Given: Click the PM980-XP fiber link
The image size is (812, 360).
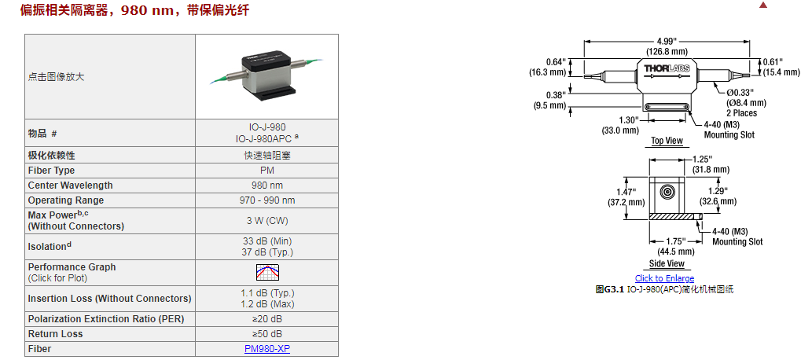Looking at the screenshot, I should pyautogui.click(x=266, y=348).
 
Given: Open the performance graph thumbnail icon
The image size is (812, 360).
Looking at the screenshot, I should pyautogui.click(x=267, y=273).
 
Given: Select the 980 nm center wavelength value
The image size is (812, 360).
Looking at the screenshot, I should pyautogui.click(x=267, y=186).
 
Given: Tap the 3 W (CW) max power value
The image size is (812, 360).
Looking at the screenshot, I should pyautogui.click(x=267, y=221).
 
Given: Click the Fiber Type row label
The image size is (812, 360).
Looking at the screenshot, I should pyautogui.click(x=52, y=171).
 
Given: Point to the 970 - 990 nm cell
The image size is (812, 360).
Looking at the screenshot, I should pyautogui.click(x=267, y=200).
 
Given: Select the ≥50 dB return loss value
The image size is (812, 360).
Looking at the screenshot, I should pyautogui.click(x=267, y=334).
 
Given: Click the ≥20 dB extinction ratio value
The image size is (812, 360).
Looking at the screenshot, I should pyautogui.click(x=267, y=319).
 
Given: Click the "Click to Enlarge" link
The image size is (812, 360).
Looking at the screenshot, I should pyautogui.click(x=664, y=278).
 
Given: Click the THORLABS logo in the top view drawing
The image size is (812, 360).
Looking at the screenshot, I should pyautogui.click(x=667, y=69).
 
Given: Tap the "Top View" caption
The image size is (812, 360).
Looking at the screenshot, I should pyautogui.click(x=667, y=141).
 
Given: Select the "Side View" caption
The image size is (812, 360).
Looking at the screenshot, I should pyautogui.click(x=667, y=263).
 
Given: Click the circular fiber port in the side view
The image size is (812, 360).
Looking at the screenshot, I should pyautogui.click(x=667, y=192).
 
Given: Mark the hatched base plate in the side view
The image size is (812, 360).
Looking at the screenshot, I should pyautogui.click(x=674, y=215).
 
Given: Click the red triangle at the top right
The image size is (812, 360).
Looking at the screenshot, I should pyautogui.click(x=762, y=5).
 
